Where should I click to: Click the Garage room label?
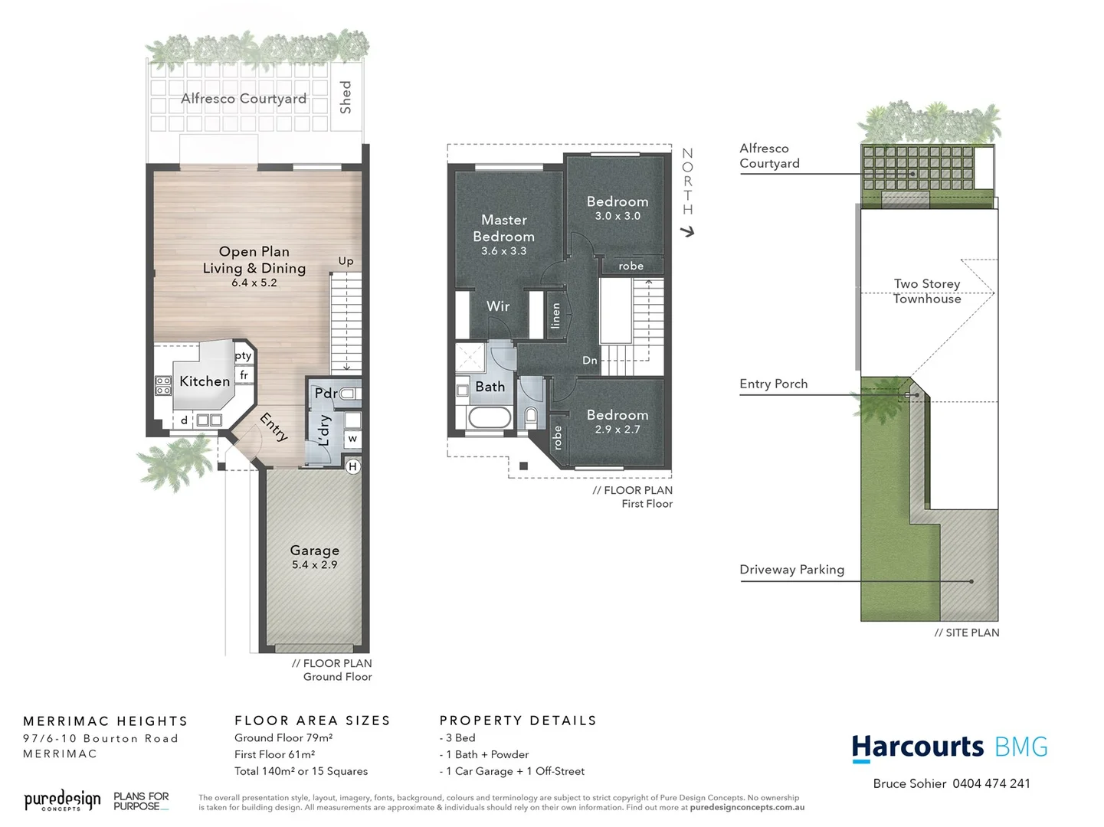coord(314,550)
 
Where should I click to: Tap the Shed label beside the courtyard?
coord(346,97)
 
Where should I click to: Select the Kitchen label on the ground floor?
coord(205,381)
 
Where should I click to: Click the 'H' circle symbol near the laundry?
coord(352,466)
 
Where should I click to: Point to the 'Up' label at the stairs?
coord(346,261)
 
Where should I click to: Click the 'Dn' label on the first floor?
coord(589,360)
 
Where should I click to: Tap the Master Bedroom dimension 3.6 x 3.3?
coord(503,251)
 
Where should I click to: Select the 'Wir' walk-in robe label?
coord(498,306)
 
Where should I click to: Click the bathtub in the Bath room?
coord(489,418)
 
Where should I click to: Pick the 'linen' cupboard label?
coord(555,315)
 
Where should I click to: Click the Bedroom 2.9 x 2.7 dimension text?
coord(618,430)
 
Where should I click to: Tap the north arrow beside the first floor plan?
coord(687,230)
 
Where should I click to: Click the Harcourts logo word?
coord(918,747)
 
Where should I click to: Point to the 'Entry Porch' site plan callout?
coord(773,384)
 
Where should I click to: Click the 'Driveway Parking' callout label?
coord(791,570)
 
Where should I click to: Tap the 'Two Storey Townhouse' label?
coord(927,291)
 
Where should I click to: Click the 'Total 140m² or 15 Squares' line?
coord(301,771)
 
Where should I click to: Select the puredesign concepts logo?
coord(62,801)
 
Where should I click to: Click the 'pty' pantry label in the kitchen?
coord(243,355)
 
